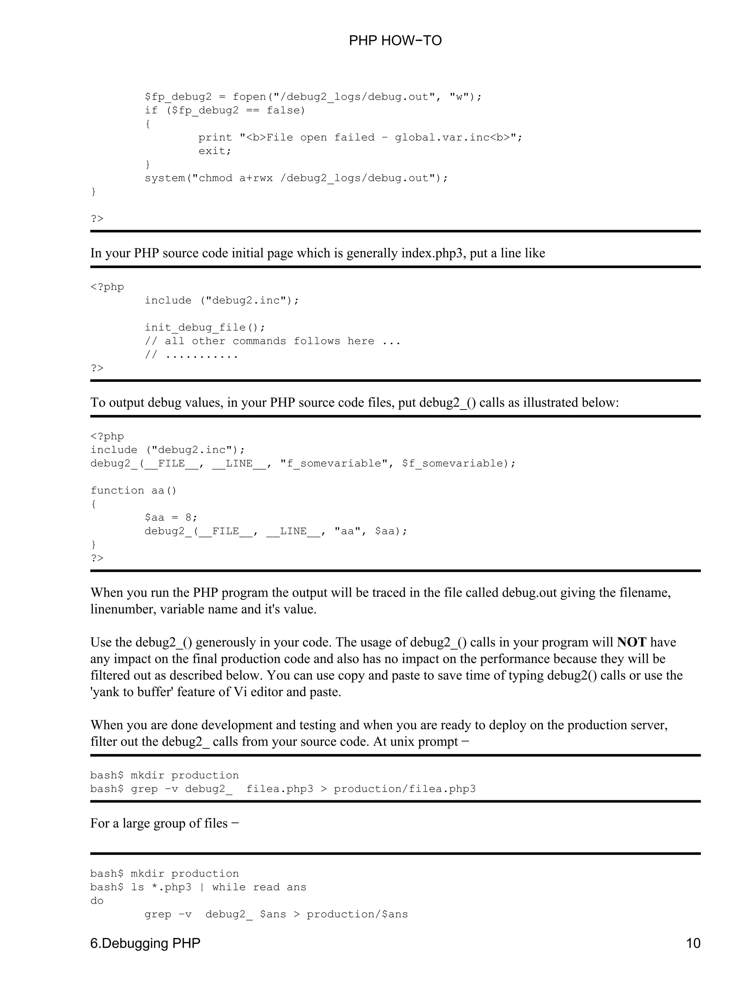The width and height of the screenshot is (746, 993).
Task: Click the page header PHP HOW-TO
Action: pos(394,41)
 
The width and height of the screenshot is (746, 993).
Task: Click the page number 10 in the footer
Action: pos(692,943)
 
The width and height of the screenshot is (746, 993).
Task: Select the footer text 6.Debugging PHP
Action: pos(145,943)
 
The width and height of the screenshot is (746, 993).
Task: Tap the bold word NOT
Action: pos(631,643)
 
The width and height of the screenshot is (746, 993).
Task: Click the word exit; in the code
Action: pos(215,151)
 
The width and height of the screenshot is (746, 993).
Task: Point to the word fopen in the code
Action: pos(249,97)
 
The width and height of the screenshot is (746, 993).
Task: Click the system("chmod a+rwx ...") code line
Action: pos(296,178)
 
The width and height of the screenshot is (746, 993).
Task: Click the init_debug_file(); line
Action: pos(205,327)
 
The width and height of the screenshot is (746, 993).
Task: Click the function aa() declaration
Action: pos(133,490)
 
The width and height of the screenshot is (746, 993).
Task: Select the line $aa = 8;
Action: pos(170,517)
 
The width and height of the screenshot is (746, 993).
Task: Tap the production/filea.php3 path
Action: pos(404,789)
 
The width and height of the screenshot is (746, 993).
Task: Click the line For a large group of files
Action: pos(164,823)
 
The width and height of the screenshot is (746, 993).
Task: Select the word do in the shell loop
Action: pos(97,900)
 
